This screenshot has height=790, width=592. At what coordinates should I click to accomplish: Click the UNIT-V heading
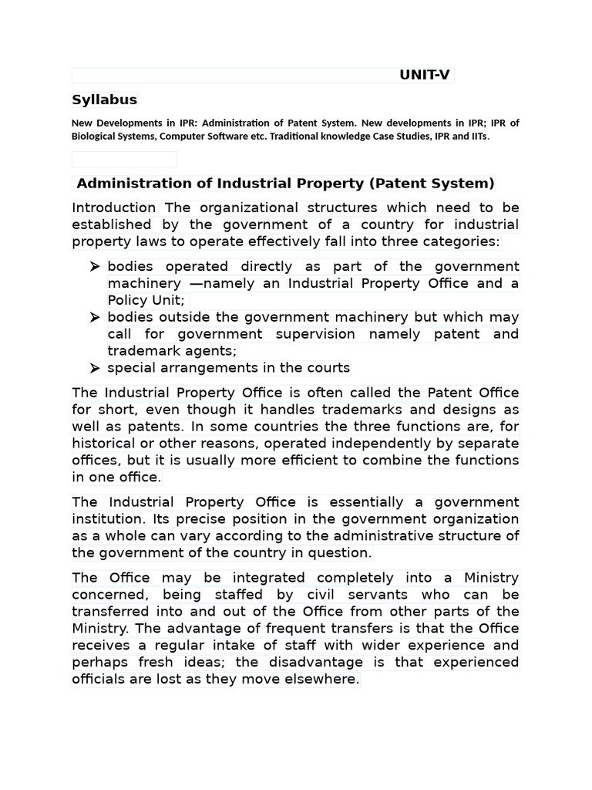click(x=424, y=75)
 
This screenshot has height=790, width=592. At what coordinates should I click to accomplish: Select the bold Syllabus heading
click(x=104, y=100)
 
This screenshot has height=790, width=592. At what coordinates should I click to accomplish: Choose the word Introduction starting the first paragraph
click(x=113, y=208)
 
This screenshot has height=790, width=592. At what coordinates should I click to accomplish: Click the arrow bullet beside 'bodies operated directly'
click(x=94, y=267)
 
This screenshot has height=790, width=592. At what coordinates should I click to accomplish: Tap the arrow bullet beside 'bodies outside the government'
click(x=94, y=318)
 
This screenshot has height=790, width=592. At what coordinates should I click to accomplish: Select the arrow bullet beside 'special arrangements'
click(x=94, y=368)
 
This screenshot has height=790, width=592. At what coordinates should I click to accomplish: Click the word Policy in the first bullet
click(x=126, y=300)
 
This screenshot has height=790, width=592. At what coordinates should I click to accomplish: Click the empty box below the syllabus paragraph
click(x=124, y=159)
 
